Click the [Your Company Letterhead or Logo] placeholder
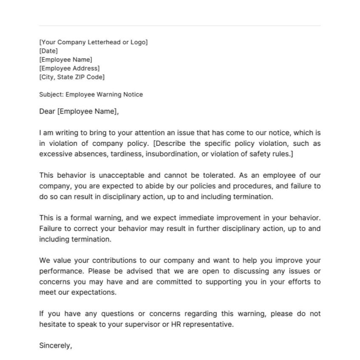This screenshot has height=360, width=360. pyautogui.click(x=94, y=42)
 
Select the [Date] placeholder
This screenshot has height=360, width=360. pyautogui.click(x=48, y=51)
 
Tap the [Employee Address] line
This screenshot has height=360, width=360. pyautogui.click(x=69, y=68)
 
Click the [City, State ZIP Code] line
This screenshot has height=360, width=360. pyautogui.click(x=72, y=77)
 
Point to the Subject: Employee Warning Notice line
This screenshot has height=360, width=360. pyautogui.click(x=91, y=94)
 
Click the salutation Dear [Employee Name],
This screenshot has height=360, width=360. pyautogui.click(x=79, y=111)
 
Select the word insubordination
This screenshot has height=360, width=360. pyautogui.click(x=171, y=154)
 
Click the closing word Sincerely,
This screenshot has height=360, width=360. pyautogui.click(x=56, y=346)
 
